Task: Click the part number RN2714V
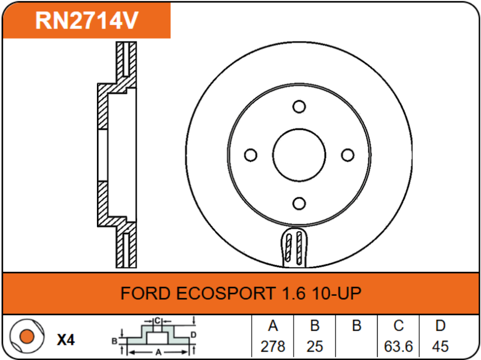(x=86, y=20)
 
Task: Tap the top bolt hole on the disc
(x=299, y=107)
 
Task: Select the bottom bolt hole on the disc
(x=299, y=203)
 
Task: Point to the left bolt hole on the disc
(x=250, y=155)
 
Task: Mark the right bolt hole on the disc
(x=347, y=155)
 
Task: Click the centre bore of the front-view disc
(x=299, y=155)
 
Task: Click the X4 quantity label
(x=66, y=340)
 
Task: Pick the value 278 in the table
(x=273, y=346)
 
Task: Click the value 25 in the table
(x=315, y=346)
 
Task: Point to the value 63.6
(x=399, y=346)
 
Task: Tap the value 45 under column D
(x=441, y=346)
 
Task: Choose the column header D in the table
(x=441, y=326)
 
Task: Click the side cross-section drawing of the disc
(x=117, y=155)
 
